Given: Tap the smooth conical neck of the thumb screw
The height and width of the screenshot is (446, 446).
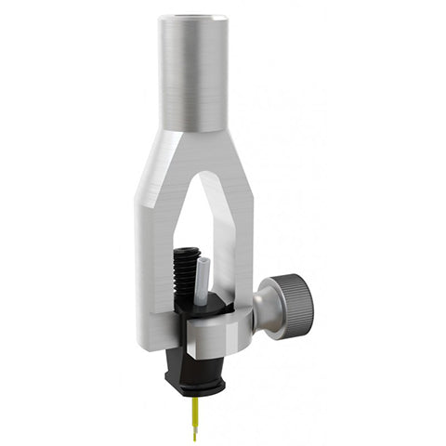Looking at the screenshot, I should pyautogui.click(x=269, y=311).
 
